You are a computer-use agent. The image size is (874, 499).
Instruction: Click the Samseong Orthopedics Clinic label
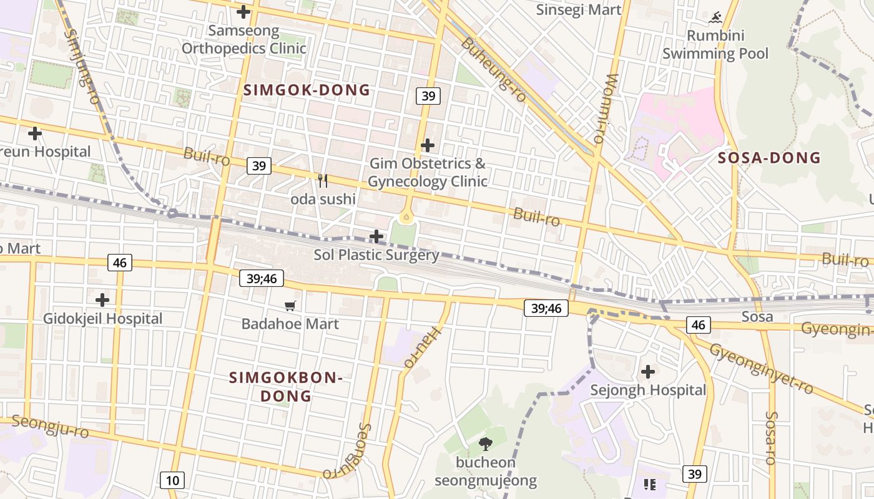[243, 39]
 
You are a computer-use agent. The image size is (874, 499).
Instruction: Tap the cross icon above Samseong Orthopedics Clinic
[243, 12]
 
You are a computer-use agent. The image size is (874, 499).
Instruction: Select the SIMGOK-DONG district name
[307, 90]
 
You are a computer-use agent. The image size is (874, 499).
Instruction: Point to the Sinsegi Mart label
[579, 9]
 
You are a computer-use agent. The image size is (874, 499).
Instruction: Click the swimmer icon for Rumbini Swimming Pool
[715, 16]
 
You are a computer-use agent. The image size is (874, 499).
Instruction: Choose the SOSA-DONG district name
[769, 158]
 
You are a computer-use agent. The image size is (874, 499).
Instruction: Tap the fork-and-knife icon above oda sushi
[323, 181]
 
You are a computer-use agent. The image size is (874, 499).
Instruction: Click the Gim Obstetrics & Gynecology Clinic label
[428, 173]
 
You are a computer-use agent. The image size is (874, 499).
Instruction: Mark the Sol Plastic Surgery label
[376, 255]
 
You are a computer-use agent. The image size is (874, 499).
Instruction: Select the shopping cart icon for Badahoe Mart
[290, 306]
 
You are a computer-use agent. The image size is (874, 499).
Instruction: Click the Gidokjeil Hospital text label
[102, 319]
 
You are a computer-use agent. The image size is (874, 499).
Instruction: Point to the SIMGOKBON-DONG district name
[286, 387]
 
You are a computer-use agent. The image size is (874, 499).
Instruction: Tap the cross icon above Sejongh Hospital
[648, 372]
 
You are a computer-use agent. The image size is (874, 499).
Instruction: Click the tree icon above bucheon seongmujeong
[485, 444]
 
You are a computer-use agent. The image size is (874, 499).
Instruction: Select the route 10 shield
[172, 480]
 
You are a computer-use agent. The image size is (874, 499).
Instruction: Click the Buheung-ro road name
[494, 69]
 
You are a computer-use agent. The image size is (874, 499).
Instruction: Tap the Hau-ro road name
[422, 347]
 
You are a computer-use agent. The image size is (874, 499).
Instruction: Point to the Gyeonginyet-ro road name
[761, 369]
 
